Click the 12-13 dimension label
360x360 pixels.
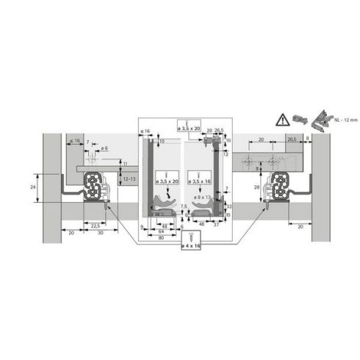[x=128, y=179]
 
